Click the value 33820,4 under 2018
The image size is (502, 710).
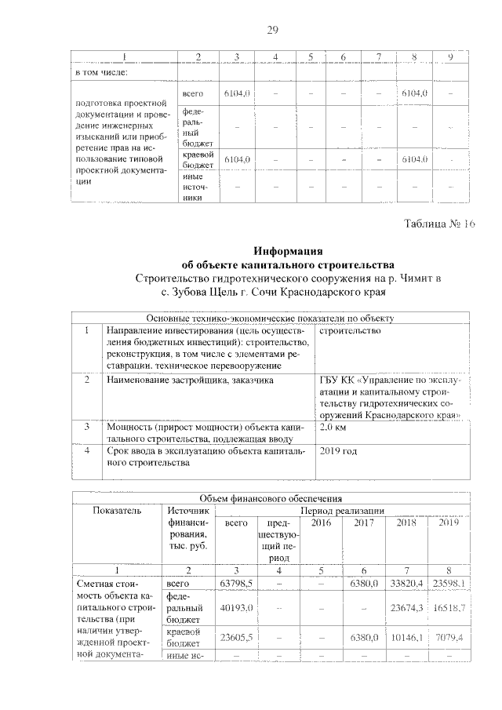click(x=406, y=584)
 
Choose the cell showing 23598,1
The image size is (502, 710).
click(x=449, y=584)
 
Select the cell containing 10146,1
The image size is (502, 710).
click(x=406, y=637)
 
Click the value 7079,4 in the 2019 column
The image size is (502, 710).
click(x=449, y=637)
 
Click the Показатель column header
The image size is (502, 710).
click(x=117, y=510)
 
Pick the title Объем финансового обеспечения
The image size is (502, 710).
click(x=272, y=497)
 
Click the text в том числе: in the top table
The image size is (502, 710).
click(x=101, y=72)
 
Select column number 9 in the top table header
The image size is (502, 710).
click(x=449, y=56)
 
